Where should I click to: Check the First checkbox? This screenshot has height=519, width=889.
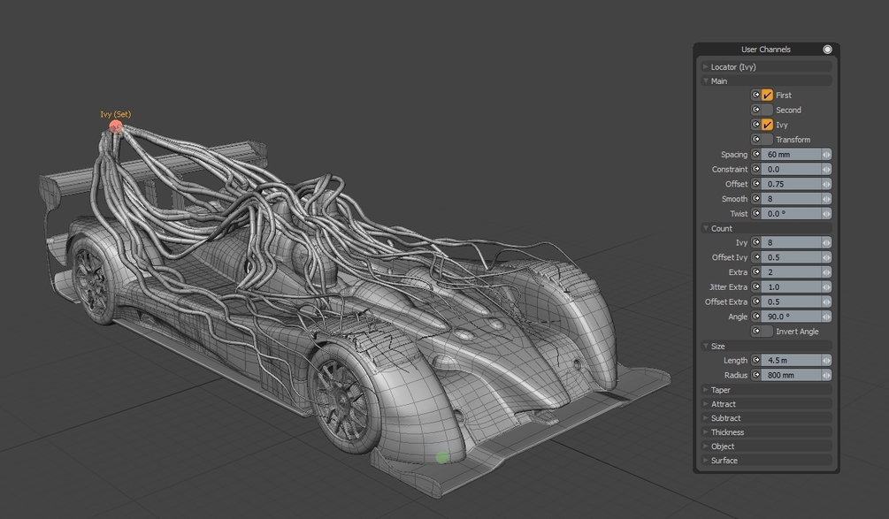[x=767, y=95]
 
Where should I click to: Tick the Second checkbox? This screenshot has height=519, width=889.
[x=767, y=110]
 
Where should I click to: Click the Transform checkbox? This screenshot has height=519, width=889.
[x=767, y=140]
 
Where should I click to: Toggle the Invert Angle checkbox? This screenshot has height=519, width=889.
[x=767, y=332]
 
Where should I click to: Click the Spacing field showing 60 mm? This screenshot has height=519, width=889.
[x=791, y=154]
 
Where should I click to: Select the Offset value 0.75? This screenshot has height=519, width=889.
[x=791, y=184]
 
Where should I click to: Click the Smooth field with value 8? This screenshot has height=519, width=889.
[x=791, y=199]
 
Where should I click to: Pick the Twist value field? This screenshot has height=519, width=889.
[x=791, y=214]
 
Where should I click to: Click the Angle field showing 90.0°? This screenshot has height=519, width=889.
[x=791, y=317]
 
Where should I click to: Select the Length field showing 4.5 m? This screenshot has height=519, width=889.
[x=791, y=361]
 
